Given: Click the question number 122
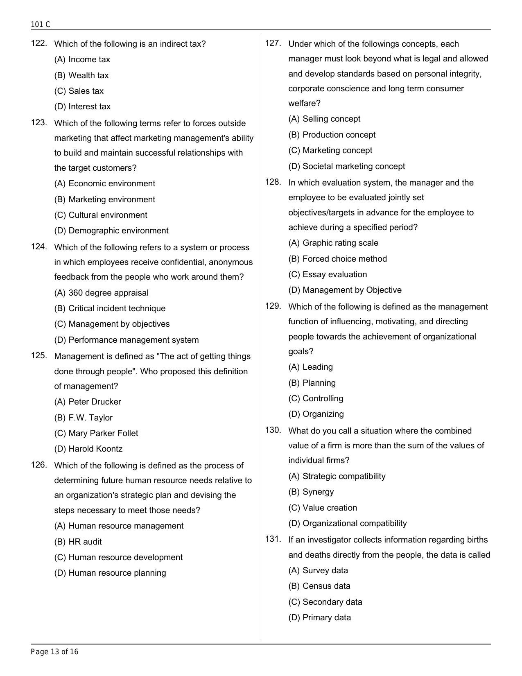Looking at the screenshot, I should [39, 43].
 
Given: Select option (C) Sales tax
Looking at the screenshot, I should [79, 91].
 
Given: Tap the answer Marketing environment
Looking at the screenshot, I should [104, 199].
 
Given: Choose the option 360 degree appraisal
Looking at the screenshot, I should [101, 293].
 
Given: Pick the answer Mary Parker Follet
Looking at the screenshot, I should [96, 433].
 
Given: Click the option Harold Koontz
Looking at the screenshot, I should [88, 449].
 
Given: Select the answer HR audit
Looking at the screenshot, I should [78, 542].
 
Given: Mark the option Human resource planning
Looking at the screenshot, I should [110, 573].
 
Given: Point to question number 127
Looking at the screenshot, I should [273, 43].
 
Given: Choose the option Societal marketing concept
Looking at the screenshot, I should [346, 166].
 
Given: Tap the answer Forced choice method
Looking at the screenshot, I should [337, 259].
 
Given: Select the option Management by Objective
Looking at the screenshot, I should [345, 290].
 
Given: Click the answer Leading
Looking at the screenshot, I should [310, 367].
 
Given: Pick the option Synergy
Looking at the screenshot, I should [311, 492].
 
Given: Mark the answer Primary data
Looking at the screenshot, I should [319, 617].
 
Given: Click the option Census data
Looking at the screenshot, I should [319, 586].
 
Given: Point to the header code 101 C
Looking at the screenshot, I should [41, 25].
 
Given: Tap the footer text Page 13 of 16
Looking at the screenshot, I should [54, 652].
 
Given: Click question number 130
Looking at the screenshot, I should [273, 430].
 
